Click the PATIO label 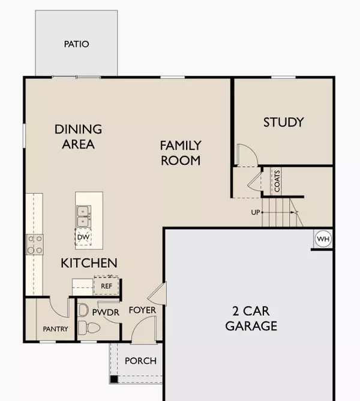pos(76,44)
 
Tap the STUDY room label pos(283,122)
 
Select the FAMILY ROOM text pos(180,153)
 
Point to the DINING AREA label pos(78,137)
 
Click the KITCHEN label pos(89,263)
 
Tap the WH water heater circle pos(323,240)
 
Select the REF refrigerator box pos(107,286)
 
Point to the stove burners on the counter pos(34,244)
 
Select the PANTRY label pos(55,329)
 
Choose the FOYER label pos(142,310)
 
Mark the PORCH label pos(140,361)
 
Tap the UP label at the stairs pos(255,212)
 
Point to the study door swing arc pos(248,154)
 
